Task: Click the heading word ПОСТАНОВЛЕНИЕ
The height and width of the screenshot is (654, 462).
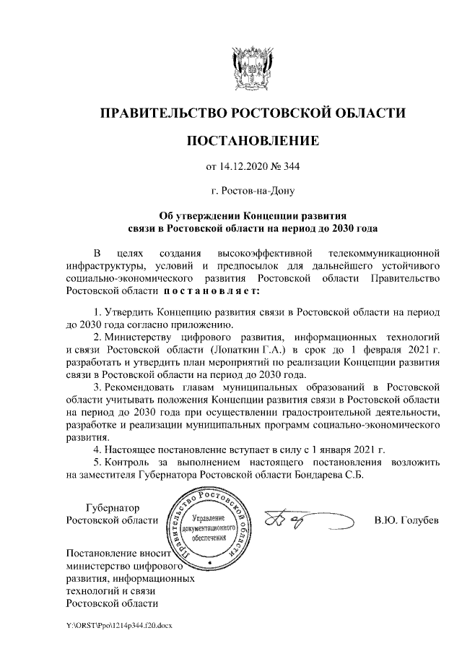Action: coord(252,140)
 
